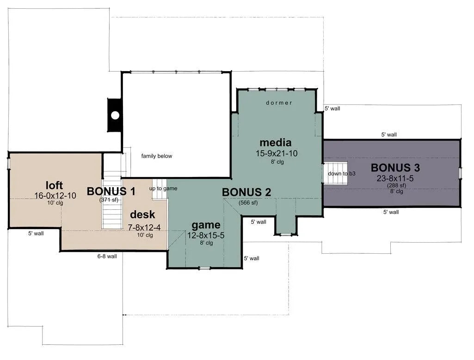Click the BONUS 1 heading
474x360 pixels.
pos(111,191)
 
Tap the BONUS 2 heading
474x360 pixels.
pos(246,192)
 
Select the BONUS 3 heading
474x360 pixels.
pos(395,168)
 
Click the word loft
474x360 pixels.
pos(55,185)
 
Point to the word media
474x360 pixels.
pos(276,142)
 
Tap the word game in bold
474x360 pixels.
pos(206,226)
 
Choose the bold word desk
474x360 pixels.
pos(142,214)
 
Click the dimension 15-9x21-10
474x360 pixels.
pos(277,153)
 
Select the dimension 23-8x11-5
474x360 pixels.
pos(395,178)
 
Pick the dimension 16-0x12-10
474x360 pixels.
pos(55,195)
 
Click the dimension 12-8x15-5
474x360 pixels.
pos(206,236)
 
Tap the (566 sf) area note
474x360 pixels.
pos(248,203)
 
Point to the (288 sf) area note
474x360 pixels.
pos(397,185)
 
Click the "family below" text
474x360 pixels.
pos(157,156)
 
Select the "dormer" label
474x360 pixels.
pos(279,103)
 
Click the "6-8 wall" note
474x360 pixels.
pos(107,256)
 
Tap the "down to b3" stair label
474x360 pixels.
pos(342,174)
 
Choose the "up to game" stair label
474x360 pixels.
pos(163,189)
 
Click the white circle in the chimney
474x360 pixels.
pos(115,115)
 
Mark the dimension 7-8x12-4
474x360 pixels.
pos(144,228)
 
